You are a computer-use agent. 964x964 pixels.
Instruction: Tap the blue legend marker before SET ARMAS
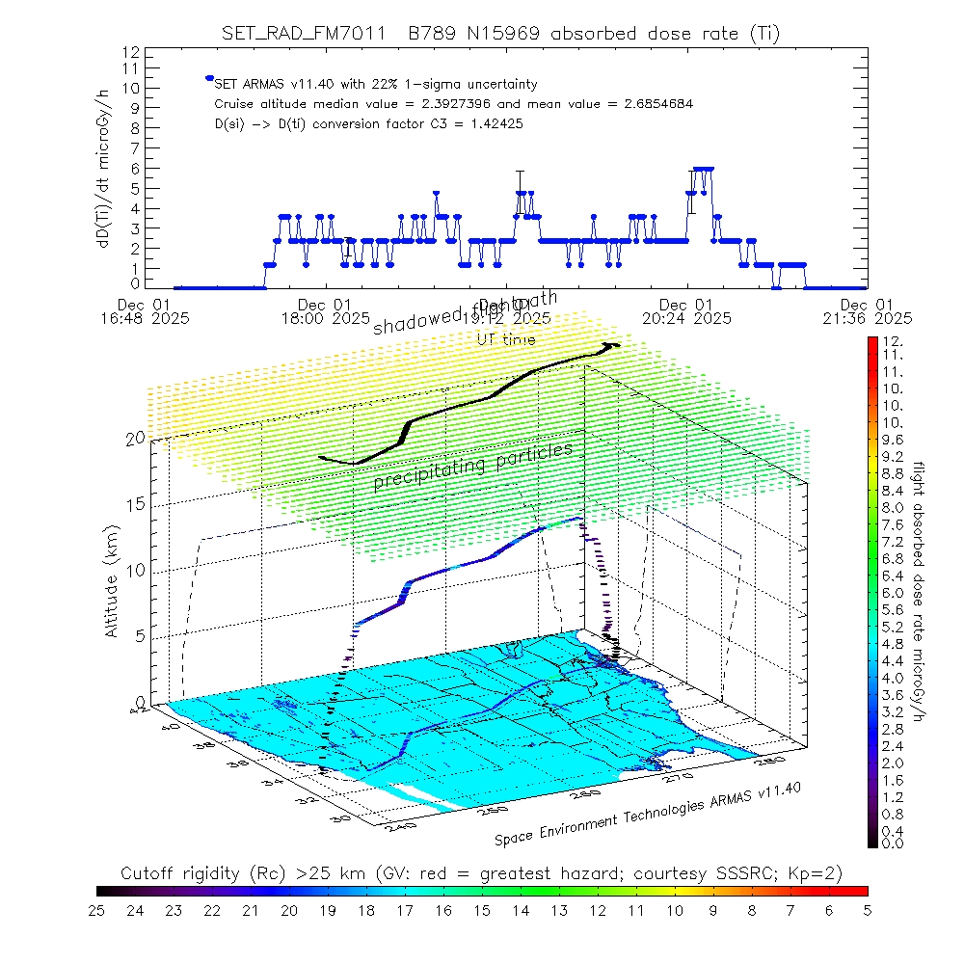pyautogui.click(x=208, y=78)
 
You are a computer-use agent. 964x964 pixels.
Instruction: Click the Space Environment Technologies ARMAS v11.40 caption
pyautogui.click(x=648, y=815)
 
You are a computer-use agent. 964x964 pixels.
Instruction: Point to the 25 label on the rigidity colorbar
pyautogui.click(x=97, y=909)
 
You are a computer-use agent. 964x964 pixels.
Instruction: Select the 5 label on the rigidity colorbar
pyautogui.click(x=866, y=909)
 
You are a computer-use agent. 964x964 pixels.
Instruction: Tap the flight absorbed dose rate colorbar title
pyautogui.click(x=920, y=591)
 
